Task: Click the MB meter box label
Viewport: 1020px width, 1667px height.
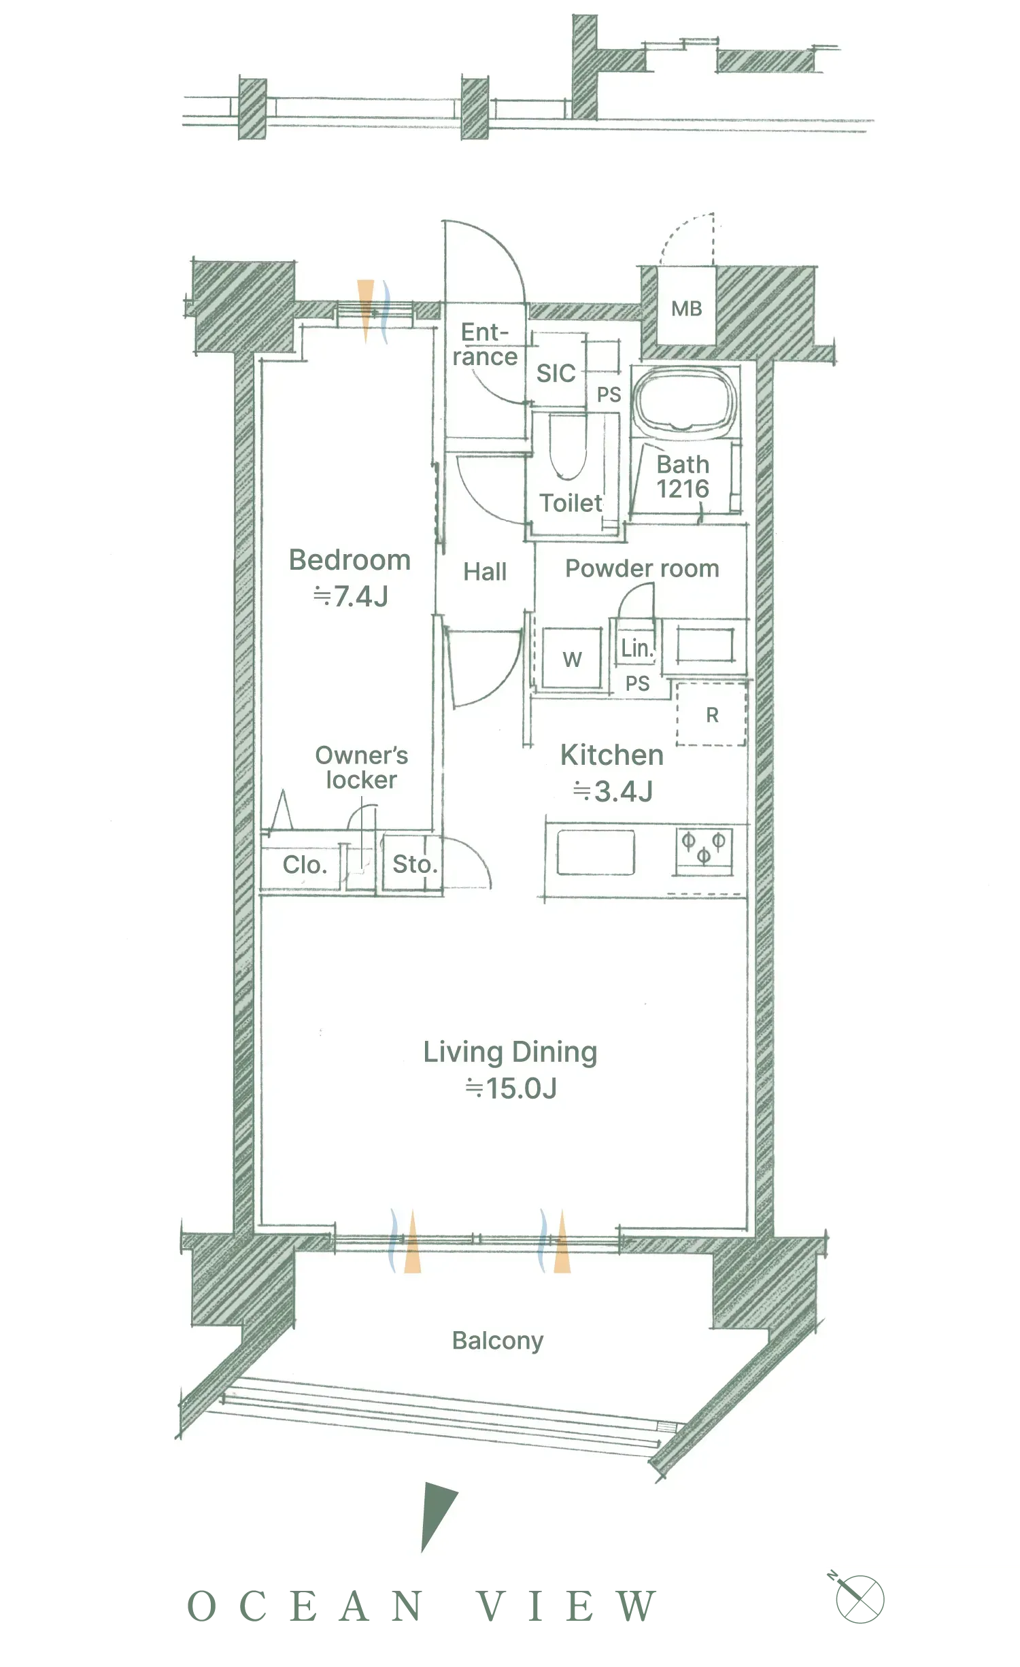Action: [x=686, y=309]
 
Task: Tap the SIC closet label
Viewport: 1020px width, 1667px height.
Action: [x=556, y=373]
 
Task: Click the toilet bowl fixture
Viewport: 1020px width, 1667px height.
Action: [x=567, y=445]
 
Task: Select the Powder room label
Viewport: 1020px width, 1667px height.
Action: [x=642, y=568]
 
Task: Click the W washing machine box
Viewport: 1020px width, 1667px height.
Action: [x=572, y=658]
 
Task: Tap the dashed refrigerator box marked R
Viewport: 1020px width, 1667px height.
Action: [x=711, y=715]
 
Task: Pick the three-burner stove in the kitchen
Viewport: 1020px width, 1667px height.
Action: [x=704, y=850]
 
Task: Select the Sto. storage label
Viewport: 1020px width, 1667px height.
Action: [x=415, y=865]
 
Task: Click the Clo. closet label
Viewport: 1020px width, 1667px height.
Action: [x=305, y=865]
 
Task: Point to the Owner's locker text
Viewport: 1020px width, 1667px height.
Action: [x=361, y=768]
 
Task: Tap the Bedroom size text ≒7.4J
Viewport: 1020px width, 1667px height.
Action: [x=350, y=596]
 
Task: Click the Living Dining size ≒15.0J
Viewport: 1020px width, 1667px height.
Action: [x=511, y=1088]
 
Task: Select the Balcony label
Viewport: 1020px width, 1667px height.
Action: [x=498, y=1341]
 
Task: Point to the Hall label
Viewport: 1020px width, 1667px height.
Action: [x=485, y=572]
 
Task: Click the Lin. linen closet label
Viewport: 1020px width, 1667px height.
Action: [x=636, y=648]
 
